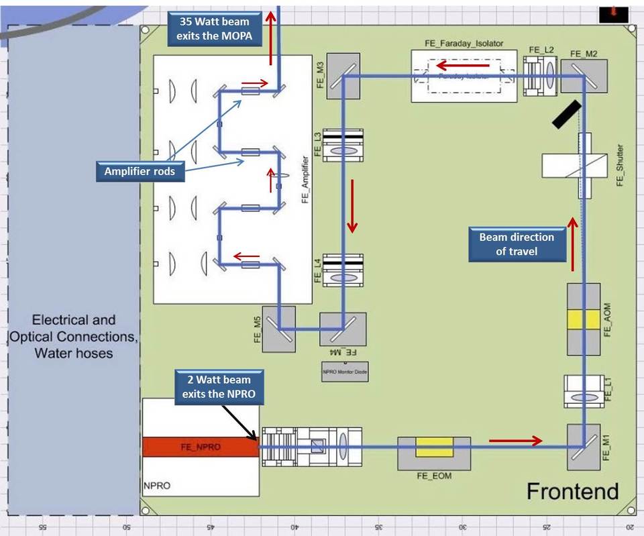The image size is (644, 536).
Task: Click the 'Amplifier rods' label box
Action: coord(140,171)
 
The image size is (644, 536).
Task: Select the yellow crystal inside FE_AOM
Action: coord(583,319)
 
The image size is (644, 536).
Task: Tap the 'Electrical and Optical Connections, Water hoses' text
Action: coord(74,336)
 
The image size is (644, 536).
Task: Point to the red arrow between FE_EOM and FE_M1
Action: coord(515,441)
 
